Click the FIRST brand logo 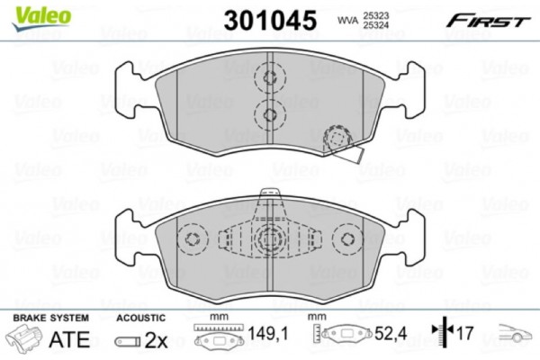(489, 19)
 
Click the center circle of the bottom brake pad (269, 239)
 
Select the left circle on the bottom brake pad (192, 239)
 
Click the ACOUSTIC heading (140, 319)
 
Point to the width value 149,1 (268, 339)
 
